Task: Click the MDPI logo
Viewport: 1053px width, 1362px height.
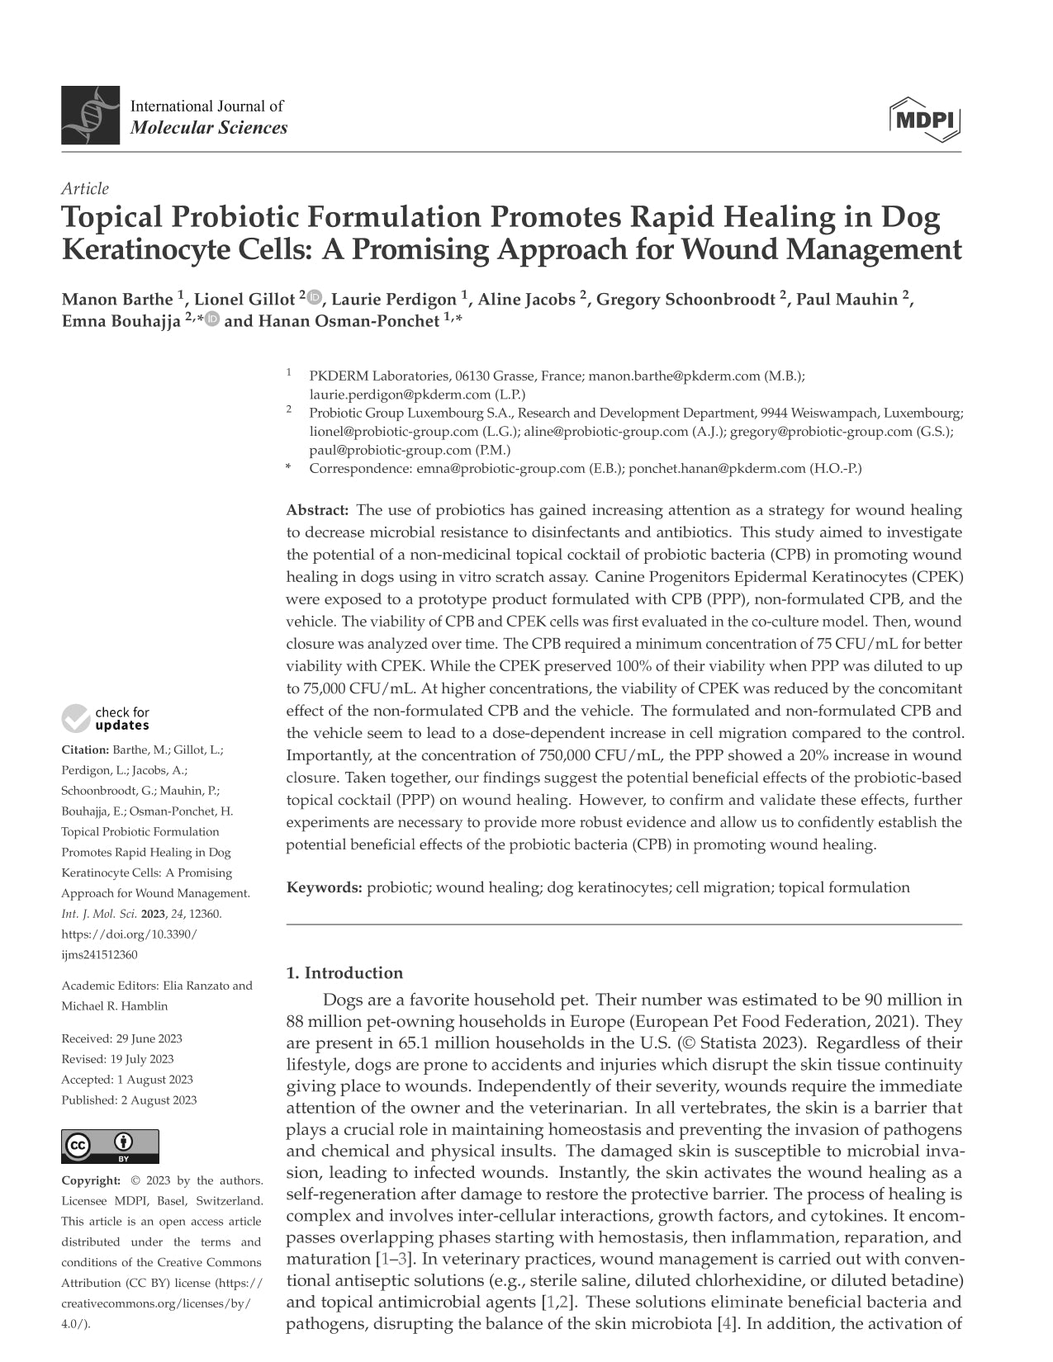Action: (925, 120)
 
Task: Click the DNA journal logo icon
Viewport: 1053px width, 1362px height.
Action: (90, 116)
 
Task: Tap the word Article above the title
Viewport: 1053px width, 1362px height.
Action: (85, 189)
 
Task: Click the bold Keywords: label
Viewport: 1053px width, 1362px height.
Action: (325, 888)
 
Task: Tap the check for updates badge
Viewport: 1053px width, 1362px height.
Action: (106, 718)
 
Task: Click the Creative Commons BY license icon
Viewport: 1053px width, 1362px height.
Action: (110, 1147)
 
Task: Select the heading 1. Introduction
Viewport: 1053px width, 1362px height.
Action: (344, 972)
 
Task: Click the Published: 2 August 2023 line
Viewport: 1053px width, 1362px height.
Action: (129, 1100)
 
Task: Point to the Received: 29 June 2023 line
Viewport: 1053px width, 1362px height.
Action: (121, 1038)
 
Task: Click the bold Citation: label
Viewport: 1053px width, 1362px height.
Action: (85, 750)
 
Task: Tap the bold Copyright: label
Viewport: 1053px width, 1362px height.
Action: (91, 1180)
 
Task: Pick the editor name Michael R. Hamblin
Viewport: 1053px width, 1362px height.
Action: (115, 1005)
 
